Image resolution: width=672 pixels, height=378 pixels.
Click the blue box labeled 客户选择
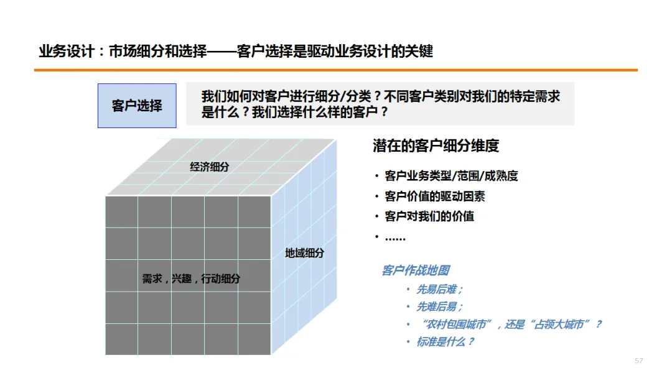pyautogui.click(x=137, y=106)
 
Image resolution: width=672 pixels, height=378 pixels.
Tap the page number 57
pyautogui.click(x=638, y=361)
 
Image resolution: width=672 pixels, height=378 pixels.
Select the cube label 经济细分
pyautogui.click(x=210, y=167)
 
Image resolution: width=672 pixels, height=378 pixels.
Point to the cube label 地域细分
pyautogui.click(x=304, y=253)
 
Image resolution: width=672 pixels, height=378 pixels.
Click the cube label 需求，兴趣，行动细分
pyautogui.click(x=190, y=279)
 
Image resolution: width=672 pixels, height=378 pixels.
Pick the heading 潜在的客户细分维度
pyautogui.click(x=436, y=146)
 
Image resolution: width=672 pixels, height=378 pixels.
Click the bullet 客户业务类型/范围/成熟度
pyautogui.click(x=451, y=176)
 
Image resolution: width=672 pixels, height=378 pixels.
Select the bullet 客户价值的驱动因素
pyautogui.click(x=435, y=196)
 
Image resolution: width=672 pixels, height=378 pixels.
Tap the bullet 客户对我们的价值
pyautogui.click(x=429, y=216)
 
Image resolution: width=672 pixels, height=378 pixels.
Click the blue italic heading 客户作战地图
pyautogui.click(x=415, y=270)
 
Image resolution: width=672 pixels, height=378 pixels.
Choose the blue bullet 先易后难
pyautogui.click(x=439, y=289)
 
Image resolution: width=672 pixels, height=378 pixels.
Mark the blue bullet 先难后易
pyautogui.click(x=439, y=307)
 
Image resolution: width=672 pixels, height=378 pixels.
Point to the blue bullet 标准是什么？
pyautogui.click(x=445, y=341)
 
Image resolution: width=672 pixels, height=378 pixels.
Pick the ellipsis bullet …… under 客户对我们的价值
pyautogui.click(x=395, y=237)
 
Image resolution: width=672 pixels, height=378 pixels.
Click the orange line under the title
pyautogui.click(x=336, y=70)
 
